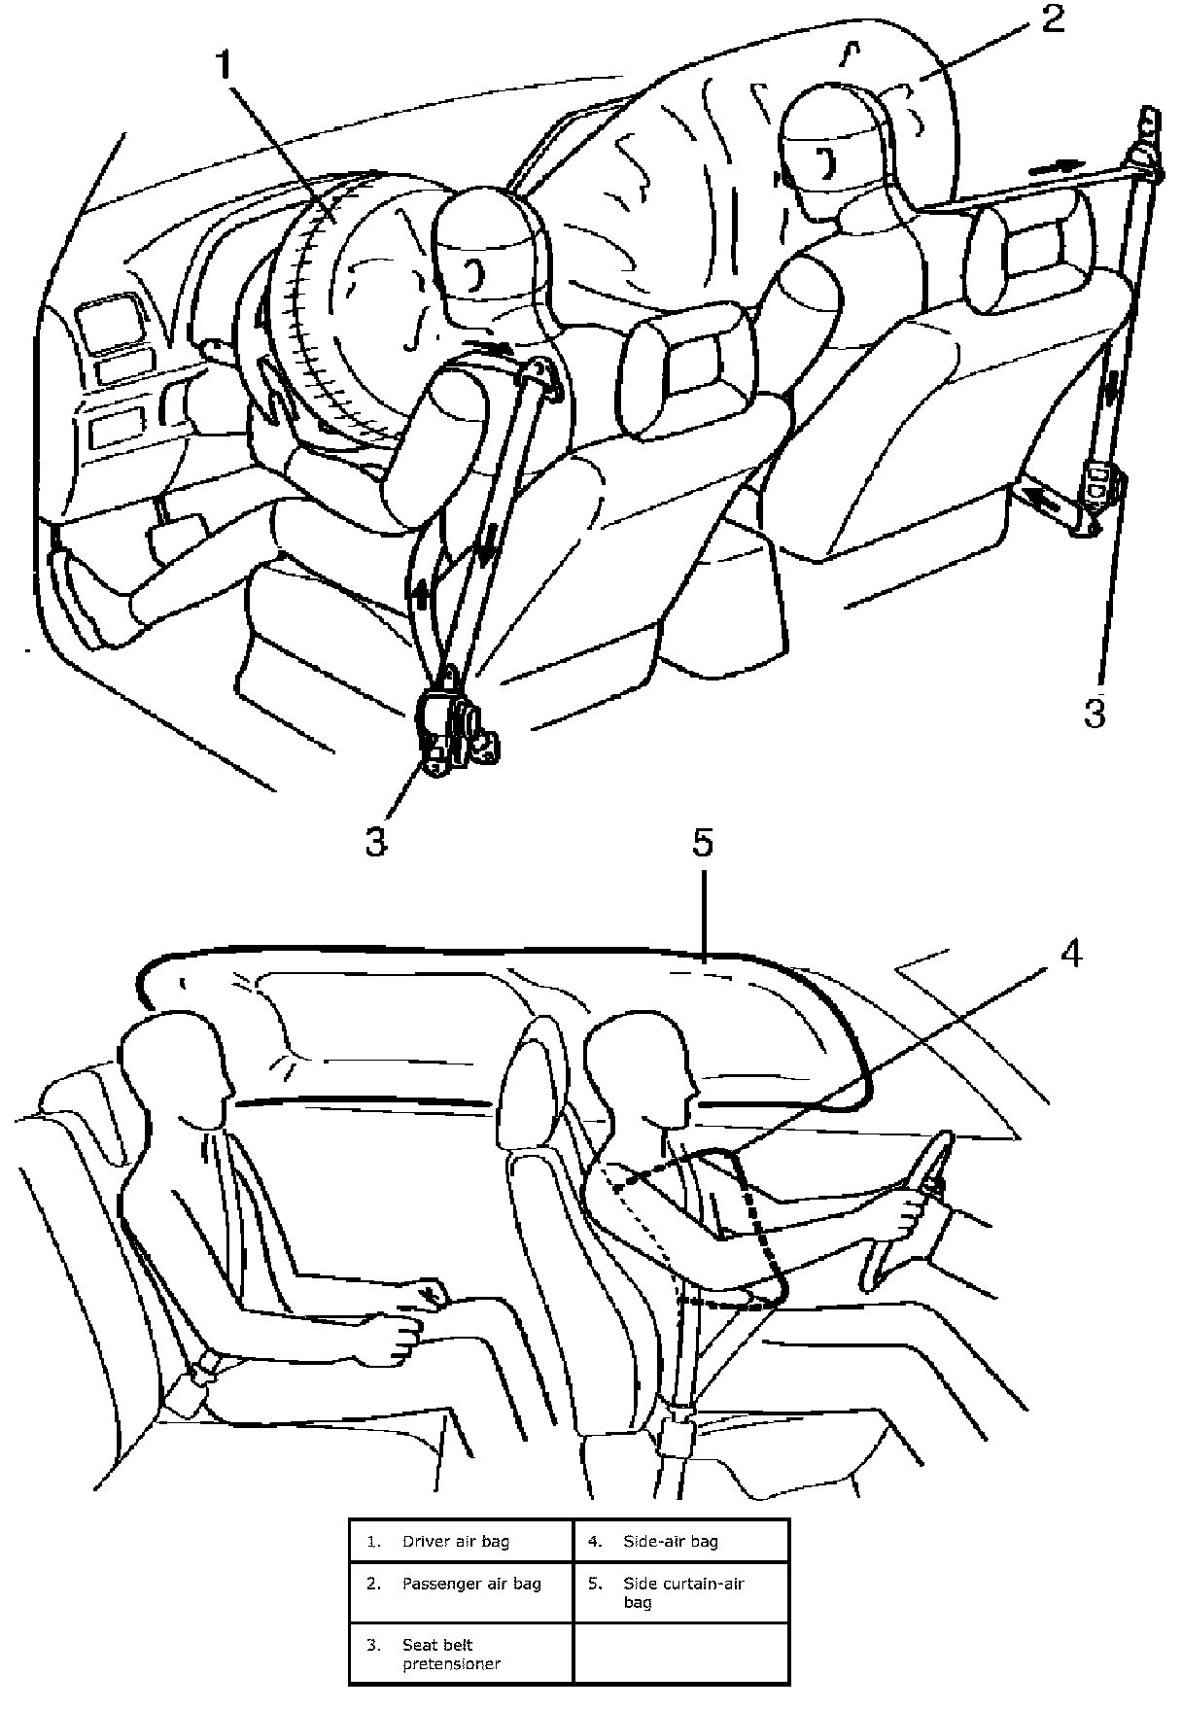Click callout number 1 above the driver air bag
tap(225, 67)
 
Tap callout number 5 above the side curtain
tap(702, 843)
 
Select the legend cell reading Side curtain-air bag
tap(681, 1592)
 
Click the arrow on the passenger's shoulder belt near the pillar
tap(1055, 166)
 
